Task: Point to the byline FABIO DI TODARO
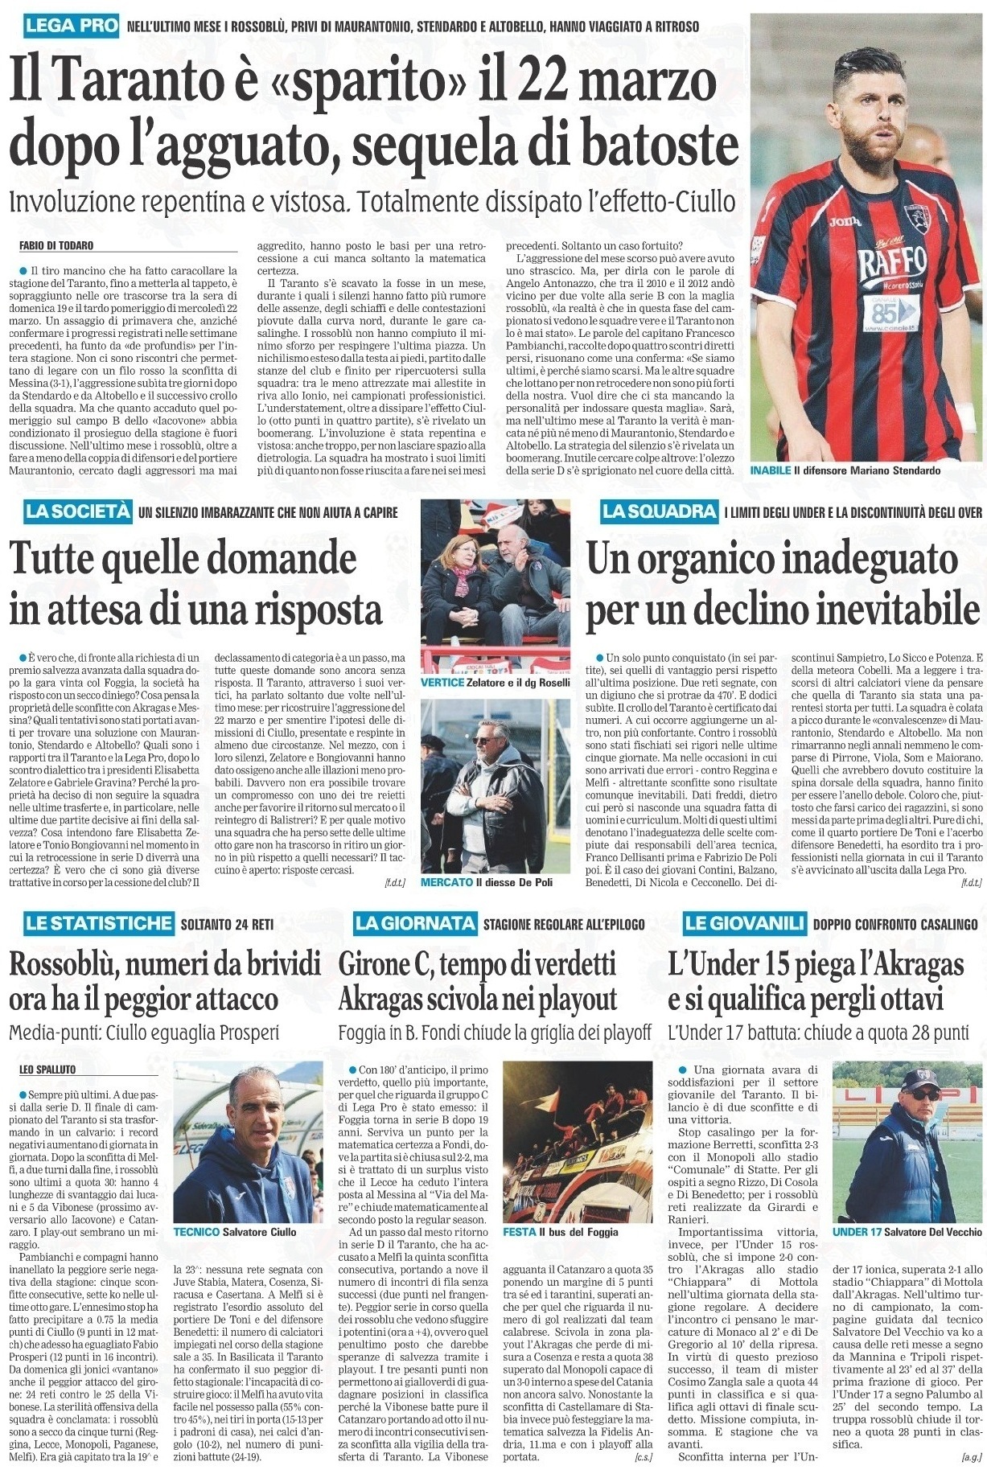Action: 62,245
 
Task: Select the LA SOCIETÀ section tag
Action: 77,511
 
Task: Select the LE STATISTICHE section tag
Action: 98,924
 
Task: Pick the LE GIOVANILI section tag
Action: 741,924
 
